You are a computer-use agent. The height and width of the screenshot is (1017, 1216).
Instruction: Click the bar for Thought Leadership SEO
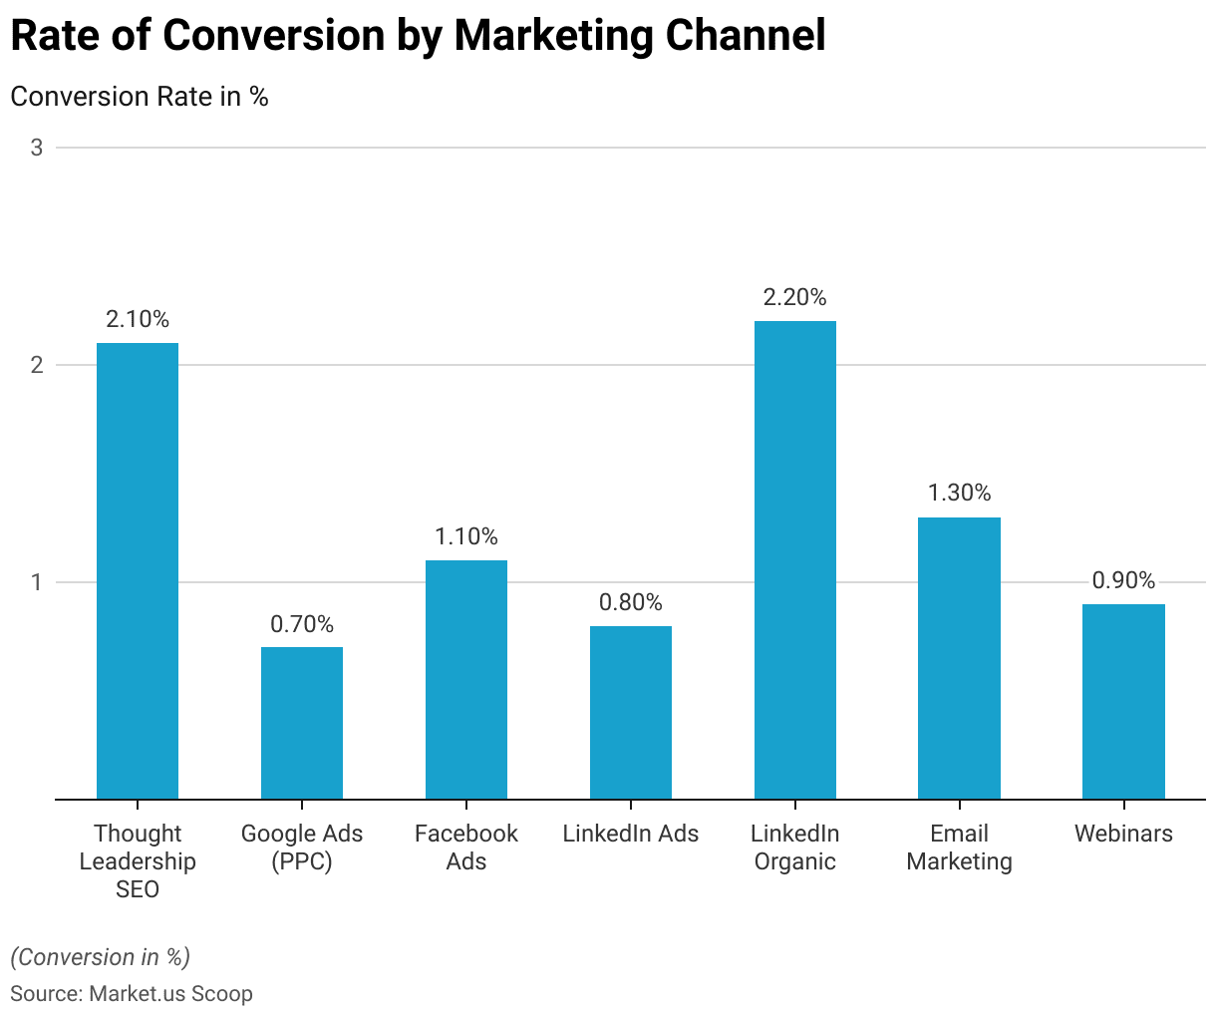click(x=138, y=570)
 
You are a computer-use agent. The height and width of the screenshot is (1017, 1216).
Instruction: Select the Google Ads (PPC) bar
click(x=302, y=723)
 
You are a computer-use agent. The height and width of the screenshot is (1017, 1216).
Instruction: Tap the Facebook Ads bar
click(x=466, y=679)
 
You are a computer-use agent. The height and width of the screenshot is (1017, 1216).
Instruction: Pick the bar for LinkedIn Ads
click(x=631, y=712)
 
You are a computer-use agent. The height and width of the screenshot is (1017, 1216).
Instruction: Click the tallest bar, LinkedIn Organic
click(x=795, y=559)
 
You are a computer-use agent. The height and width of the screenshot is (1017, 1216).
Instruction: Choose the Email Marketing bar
click(x=959, y=658)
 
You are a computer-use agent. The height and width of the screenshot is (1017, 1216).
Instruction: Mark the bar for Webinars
click(x=1123, y=701)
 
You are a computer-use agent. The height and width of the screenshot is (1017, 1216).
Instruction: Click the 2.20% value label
click(x=795, y=297)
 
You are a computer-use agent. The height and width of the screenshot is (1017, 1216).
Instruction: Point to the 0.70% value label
click(x=302, y=624)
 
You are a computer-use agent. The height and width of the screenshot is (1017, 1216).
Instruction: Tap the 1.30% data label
click(x=959, y=493)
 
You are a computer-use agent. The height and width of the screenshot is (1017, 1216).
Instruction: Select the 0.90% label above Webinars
click(x=1123, y=580)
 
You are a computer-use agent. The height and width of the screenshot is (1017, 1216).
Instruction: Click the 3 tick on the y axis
click(x=37, y=148)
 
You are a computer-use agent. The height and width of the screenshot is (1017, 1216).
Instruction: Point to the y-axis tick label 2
click(x=37, y=365)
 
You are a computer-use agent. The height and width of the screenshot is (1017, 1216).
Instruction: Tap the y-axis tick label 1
click(x=37, y=582)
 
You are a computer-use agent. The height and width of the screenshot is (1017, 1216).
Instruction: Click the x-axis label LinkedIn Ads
click(x=631, y=834)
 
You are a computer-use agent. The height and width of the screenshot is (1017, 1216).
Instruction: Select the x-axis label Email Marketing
click(x=959, y=847)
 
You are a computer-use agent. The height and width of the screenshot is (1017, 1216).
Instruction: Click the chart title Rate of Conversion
click(x=418, y=36)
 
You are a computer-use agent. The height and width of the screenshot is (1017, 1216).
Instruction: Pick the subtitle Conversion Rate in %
click(x=140, y=97)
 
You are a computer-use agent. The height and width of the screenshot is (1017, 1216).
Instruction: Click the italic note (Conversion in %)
click(x=100, y=957)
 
